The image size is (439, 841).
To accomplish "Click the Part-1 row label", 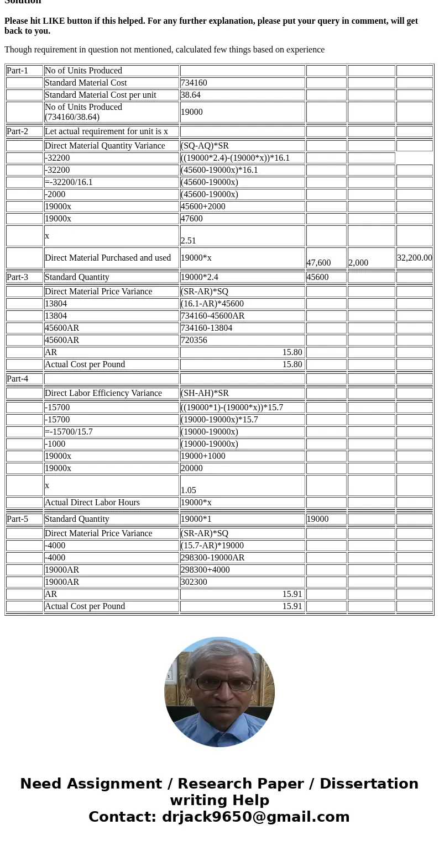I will [x=17, y=71].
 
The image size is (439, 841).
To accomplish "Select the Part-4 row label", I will [x=17, y=379].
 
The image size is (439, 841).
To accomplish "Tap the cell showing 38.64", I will [x=191, y=95].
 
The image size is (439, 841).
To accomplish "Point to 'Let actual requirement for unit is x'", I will [x=106, y=131].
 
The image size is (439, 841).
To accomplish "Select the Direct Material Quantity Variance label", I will [x=104, y=146].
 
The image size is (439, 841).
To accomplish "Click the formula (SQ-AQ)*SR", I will [x=205, y=146].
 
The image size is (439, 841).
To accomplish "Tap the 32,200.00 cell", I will [x=414, y=258].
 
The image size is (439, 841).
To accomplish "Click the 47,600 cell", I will [x=319, y=263].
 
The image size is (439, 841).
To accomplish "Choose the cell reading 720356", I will [x=194, y=340].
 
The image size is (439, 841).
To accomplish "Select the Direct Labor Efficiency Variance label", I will [x=103, y=393].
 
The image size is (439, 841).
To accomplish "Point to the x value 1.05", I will [x=189, y=490].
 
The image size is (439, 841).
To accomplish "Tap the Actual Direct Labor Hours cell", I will [x=92, y=503].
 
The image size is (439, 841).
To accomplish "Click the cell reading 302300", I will [x=194, y=582].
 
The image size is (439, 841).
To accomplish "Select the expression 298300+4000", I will [x=205, y=570].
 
